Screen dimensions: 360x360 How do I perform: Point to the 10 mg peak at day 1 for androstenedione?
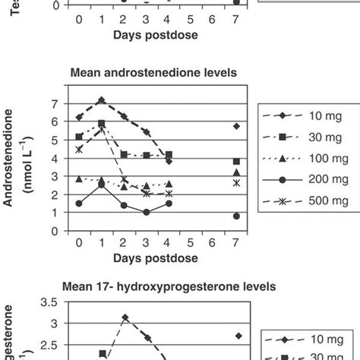pyautogui.click(x=102, y=99)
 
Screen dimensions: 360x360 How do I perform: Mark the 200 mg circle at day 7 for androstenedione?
pyautogui.click(x=236, y=216)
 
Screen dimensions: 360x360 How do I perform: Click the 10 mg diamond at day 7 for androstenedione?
pyautogui.click(x=236, y=126)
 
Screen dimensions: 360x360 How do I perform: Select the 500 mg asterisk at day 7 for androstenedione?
pyautogui.click(x=236, y=183)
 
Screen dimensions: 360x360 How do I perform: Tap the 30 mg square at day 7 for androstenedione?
pyautogui.click(x=236, y=161)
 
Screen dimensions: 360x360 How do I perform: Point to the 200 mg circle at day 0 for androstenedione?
pyautogui.click(x=79, y=204)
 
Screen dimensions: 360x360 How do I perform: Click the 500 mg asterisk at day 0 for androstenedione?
pyautogui.click(x=79, y=150)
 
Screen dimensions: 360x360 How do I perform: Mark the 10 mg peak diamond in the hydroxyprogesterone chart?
pyautogui.click(x=125, y=317)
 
